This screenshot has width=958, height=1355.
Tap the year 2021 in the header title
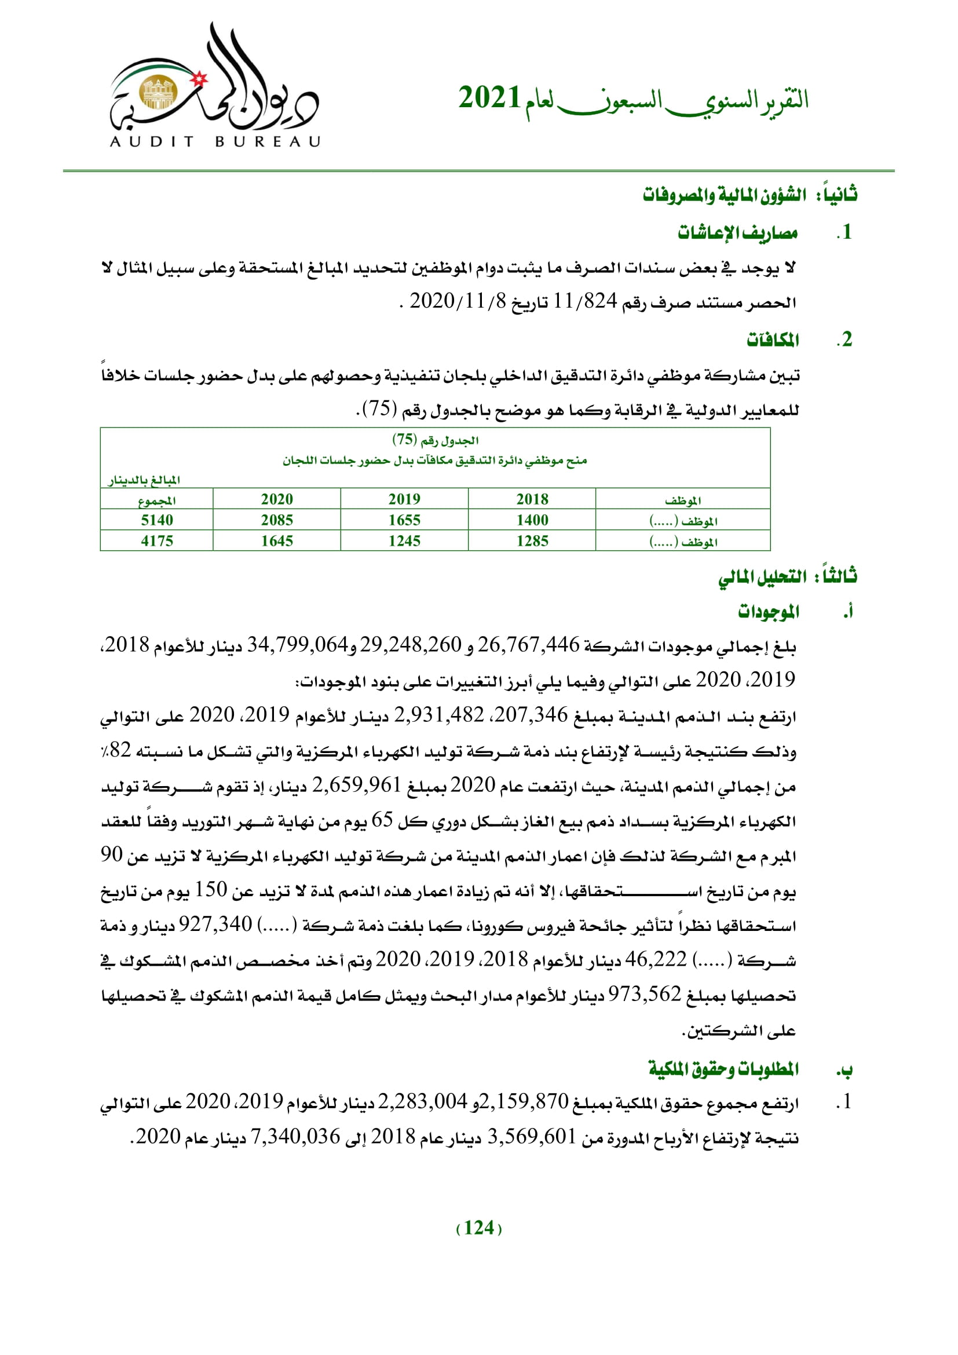coord(489,98)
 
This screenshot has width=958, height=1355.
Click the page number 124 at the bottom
coord(479,1228)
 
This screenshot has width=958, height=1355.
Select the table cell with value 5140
coord(157,520)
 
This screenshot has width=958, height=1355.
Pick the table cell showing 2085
coord(277,520)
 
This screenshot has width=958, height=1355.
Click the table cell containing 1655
coord(404,520)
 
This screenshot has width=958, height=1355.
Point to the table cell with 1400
coord(532,520)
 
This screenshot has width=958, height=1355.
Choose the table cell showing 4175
coord(157,540)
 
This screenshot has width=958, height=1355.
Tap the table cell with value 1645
coord(277,540)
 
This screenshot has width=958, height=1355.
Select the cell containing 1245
coord(404,540)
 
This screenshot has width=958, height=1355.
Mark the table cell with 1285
coord(532,540)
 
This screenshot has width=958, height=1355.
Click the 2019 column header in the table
coord(404,499)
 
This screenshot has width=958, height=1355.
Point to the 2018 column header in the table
coord(532,499)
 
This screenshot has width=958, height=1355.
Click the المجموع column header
coord(157,501)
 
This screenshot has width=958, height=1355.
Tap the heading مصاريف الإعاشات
coord(737,233)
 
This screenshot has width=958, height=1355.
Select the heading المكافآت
coord(773,340)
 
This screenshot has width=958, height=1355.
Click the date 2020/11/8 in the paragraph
coord(458,302)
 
